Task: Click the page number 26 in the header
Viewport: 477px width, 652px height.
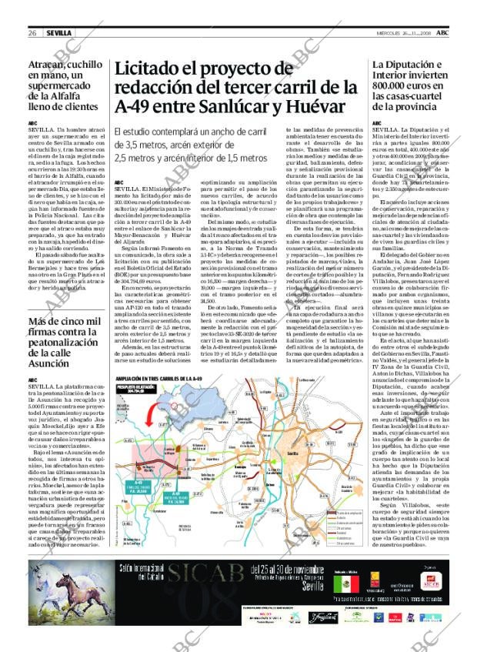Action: pos(33,33)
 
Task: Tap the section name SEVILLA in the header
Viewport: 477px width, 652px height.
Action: pos(58,33)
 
